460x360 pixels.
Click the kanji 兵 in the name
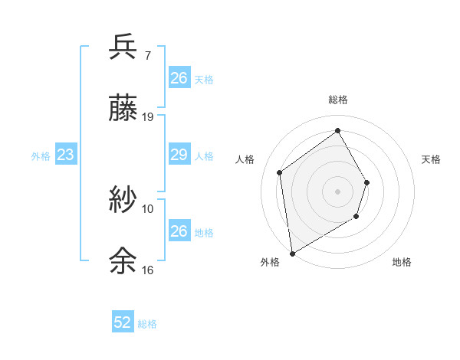[123, 48]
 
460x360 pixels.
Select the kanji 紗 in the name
[123, 200]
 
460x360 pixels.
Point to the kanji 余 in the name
[123, 261]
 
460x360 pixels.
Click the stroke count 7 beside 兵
[148, 56]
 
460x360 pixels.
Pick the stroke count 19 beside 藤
[148, 117]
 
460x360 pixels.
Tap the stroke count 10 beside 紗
[148, 208]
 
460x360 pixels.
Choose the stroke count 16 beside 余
[148, 270]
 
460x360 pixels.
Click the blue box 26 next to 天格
[179, 78]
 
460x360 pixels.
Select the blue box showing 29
[179, 155]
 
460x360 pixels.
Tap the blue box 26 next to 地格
[179, 231]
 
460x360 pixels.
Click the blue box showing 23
[65, 155]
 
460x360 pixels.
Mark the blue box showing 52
[123, 322]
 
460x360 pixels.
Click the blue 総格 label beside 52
[147, 323]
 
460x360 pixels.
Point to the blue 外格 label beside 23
[41, 155]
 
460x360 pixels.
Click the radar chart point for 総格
[337, 130]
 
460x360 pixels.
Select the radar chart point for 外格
[292, 253]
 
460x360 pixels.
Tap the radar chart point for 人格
[280, 172]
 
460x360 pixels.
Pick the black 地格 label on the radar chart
[402, 262]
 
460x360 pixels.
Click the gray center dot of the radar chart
[337, 191]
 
